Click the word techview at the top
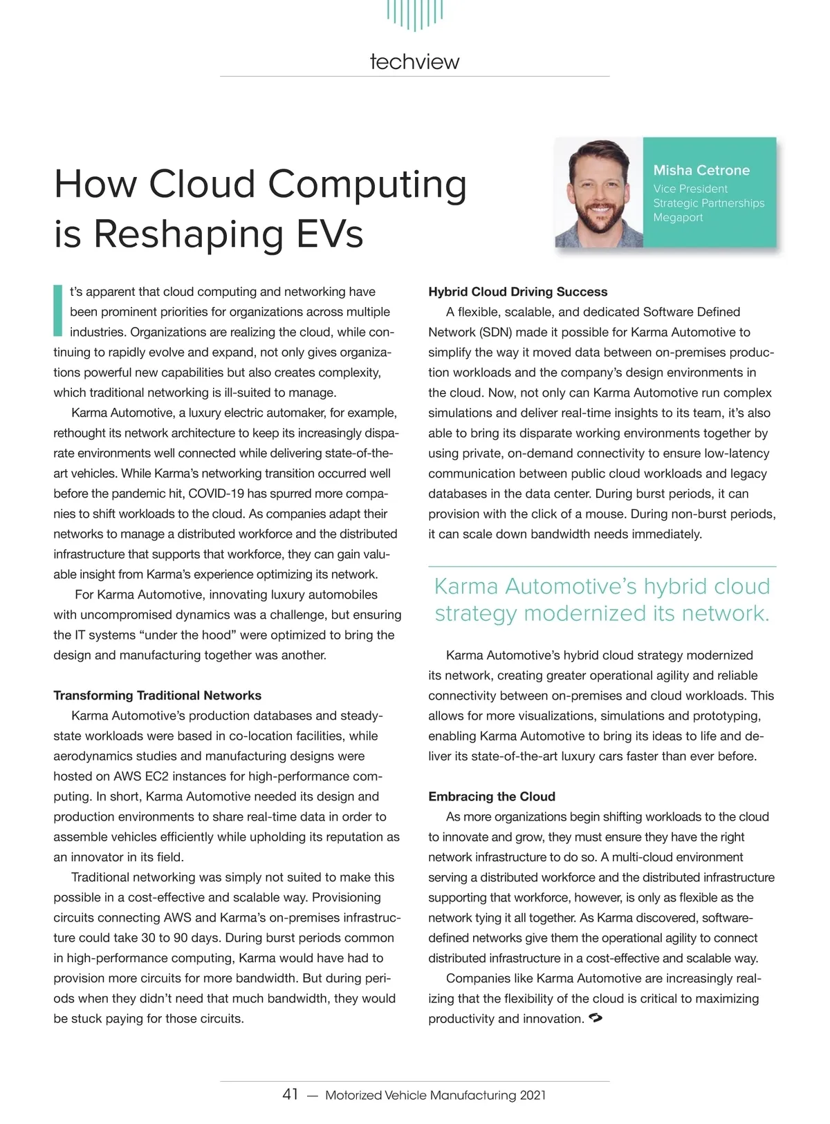[x=414, y=62]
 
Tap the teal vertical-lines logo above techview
[x=415, y=14]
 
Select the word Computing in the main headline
[x=367, y=185]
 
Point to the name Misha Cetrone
[x=701, y=170]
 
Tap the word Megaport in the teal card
[x=678, y=218]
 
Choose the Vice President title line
[x=690, y=189]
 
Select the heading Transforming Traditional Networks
[x=158, y=695]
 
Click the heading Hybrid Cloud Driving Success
[x=518, y=292]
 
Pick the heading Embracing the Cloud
[x=492, y=796]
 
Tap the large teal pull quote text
[x=602, y=599]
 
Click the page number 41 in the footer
[x=290, y=1094]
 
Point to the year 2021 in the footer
[x=533, y=1095]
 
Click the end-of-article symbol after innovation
[x=594, y=1018]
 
